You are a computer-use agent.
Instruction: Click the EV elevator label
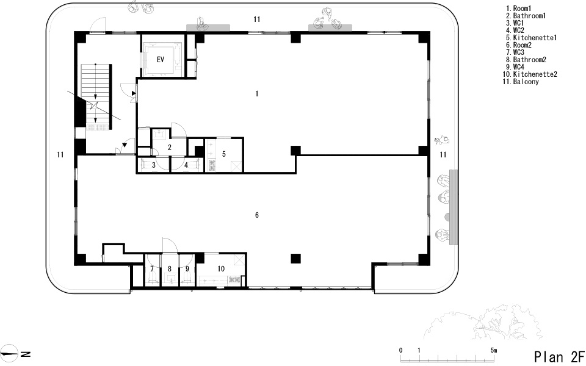(161, 59)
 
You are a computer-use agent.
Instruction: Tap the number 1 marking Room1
(257, 94)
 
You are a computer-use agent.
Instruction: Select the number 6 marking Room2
(257, 215)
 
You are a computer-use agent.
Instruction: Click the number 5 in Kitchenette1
(224, 154)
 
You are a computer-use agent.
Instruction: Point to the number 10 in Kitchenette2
(221, 268)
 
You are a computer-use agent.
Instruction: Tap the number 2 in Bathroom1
(169, 148)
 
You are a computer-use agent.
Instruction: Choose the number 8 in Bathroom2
(169, 268)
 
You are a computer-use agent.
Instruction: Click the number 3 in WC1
(154, 165)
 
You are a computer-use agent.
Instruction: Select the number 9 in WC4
(187, 268)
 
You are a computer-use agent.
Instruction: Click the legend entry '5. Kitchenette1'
(532, 38)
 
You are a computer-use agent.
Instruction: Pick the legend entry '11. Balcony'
(521, 81)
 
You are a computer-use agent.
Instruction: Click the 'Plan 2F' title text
(559, 357)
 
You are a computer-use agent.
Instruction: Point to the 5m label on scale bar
(494, 350)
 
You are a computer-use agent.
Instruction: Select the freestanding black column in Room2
(295, 259)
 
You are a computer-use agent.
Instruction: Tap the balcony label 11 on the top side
(256, 19)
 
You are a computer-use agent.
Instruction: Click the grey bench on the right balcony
(454, 207)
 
